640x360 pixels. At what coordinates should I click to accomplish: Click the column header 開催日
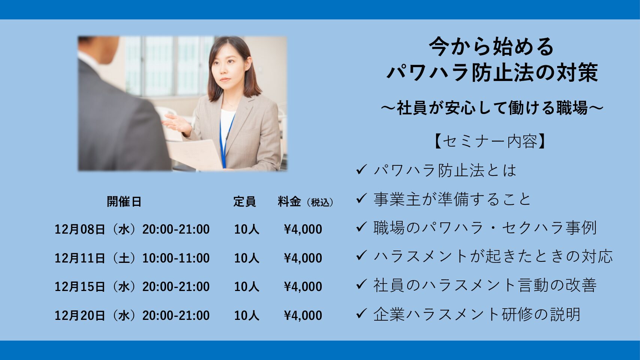[x=124, y=202]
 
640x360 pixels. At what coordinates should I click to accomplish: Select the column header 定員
[x=244, y=202]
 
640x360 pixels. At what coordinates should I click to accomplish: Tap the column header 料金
[x=289, y=202]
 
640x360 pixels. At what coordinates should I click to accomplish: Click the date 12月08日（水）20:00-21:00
[x=132, y=229]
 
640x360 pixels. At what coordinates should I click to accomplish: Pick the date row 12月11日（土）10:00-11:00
[x=132, y=258]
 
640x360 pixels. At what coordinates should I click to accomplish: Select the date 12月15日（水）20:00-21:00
[x=132, y=286]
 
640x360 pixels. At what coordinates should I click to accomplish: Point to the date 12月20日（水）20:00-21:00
[x=132, y=315]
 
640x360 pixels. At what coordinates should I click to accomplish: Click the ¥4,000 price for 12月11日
[x=303, y=258]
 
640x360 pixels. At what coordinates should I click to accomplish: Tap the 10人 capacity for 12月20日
[x=247, y=315]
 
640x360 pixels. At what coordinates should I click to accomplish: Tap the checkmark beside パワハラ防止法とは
[x=361, y=169]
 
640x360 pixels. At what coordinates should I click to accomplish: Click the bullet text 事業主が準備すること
[x=452, y=199]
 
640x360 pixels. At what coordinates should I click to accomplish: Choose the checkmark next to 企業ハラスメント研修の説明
[x=361, y=313]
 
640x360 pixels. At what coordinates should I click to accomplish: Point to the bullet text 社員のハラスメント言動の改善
[x=485, y=285]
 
